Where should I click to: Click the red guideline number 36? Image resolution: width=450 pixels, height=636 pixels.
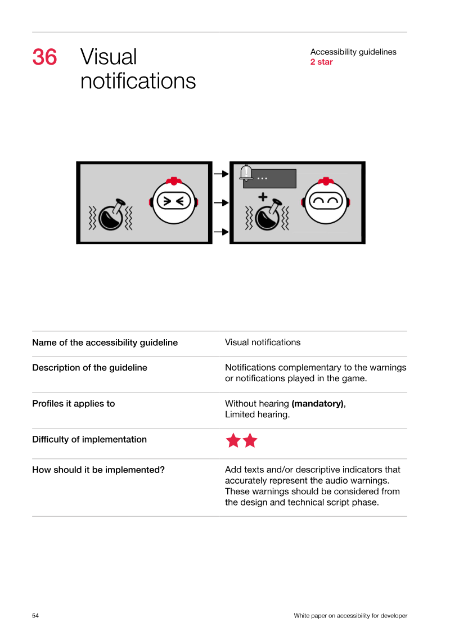tap(44, 57)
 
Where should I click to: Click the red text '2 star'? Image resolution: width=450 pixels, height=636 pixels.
tap(321, 62)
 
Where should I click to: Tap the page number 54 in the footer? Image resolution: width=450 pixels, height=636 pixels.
tap(35, 616)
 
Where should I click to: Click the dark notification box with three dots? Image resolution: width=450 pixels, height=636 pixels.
tap(270, 179)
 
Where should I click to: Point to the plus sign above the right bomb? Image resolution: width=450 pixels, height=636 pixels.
tap(263, 197)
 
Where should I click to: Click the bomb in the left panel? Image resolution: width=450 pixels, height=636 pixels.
tap(111, 215)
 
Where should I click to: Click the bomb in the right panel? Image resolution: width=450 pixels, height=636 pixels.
tap(268, 215)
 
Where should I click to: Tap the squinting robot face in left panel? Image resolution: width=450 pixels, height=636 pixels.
tap(174, 200)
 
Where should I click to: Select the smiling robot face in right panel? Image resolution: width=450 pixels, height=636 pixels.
tap(326, 200)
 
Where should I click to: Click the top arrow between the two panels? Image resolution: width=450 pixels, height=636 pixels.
tap(221, 174)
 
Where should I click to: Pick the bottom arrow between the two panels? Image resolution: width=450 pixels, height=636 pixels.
tap(221, 232)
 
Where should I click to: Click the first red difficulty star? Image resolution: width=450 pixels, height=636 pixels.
tap(233, 440)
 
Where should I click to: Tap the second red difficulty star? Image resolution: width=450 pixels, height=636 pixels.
tap(250, 440)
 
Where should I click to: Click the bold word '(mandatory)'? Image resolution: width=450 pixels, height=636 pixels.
tap(318, 404)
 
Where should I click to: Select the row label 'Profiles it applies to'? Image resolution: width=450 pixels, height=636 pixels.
tap(74, 404)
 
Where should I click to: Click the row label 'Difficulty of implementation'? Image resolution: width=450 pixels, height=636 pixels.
tap(89, 440)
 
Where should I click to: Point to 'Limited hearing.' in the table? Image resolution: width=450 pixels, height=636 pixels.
tap(257, 414)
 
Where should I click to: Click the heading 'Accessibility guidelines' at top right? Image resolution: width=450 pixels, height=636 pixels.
tap(353, 52)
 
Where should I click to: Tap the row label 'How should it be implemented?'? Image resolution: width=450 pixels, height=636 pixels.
tap(98, 470)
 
